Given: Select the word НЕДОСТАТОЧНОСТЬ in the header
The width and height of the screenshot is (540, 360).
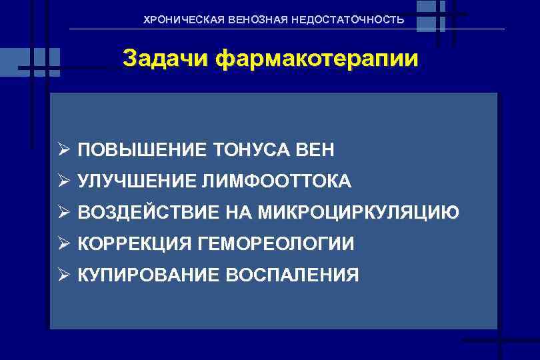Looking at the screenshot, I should tap(347, 20).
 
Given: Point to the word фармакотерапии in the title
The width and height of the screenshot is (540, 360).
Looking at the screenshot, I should tap(317, 59).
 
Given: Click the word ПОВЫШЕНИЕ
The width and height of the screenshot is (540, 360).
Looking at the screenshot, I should tap(142, 151).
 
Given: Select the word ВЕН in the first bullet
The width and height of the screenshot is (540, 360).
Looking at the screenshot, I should tap(315, 151).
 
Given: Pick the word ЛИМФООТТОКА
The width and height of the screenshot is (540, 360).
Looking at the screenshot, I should tap(280, 181).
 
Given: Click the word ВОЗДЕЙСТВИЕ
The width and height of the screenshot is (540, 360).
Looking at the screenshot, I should tap(148, 213).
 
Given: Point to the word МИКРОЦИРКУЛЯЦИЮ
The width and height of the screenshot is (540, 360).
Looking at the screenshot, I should tap(359, 213).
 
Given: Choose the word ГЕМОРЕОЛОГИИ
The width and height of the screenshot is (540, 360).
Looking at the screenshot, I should tap(276, 244).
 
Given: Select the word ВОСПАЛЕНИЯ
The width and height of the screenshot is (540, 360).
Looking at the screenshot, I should tap(293, 275).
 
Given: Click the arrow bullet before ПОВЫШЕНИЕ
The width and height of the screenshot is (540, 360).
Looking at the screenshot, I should tap(63, 151).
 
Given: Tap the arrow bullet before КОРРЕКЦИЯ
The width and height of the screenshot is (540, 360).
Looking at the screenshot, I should tap(63, 244).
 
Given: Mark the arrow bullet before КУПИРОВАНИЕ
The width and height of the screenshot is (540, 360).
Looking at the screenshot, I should tap(63, 275).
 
